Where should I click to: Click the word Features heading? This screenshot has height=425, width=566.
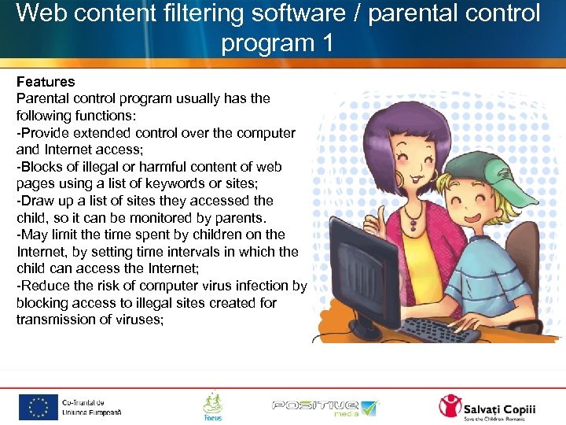point(46,82)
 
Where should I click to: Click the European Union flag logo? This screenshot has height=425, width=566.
point(39,407)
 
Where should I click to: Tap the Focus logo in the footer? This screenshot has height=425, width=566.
point(212,406)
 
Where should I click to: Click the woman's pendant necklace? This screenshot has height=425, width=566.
point(413,227)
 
